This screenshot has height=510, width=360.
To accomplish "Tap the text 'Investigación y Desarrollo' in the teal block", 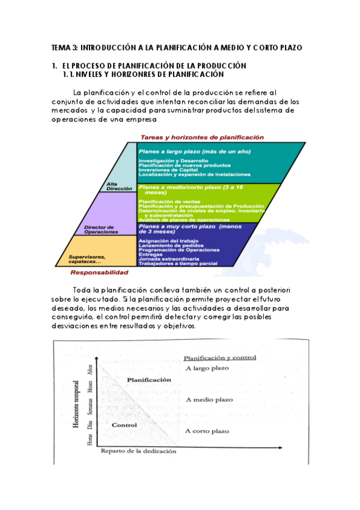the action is click(x=173, y=161).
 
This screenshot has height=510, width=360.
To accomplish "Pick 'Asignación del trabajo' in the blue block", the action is click(x=164, y=241).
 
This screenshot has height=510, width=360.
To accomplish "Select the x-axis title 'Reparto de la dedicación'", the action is click(x=138, y=450).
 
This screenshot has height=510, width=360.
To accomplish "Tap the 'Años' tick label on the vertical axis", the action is click(x=90, y=370).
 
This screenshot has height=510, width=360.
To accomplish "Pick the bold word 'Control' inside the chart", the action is click(x=124, y=425).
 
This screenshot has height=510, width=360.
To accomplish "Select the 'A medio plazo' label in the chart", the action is click(x=209, y=399).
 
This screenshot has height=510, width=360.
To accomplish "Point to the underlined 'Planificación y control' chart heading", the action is click(x=219, y=357).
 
